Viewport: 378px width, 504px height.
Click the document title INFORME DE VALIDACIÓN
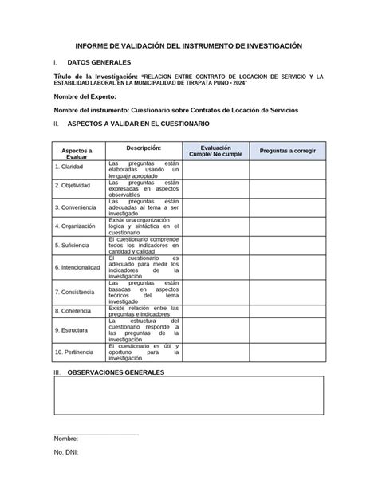(x=188, y=47)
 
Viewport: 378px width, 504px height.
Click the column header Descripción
(x=144, y=148)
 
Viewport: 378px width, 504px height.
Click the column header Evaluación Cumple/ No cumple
(x=216, y=151)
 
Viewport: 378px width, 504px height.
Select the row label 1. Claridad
(x=69, y=167)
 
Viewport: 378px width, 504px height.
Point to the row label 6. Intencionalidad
(x=77, y=266)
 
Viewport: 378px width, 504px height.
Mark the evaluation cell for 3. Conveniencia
(x=216, y=206)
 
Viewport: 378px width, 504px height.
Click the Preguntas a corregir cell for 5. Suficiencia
(x=287, y=245)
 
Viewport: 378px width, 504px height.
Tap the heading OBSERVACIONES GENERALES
(x=116, y=372)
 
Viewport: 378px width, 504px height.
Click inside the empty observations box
(x=188, y=396)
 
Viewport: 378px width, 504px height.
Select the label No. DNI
(x=66, y=452)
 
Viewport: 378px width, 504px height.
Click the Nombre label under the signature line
(x=65, y=439)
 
